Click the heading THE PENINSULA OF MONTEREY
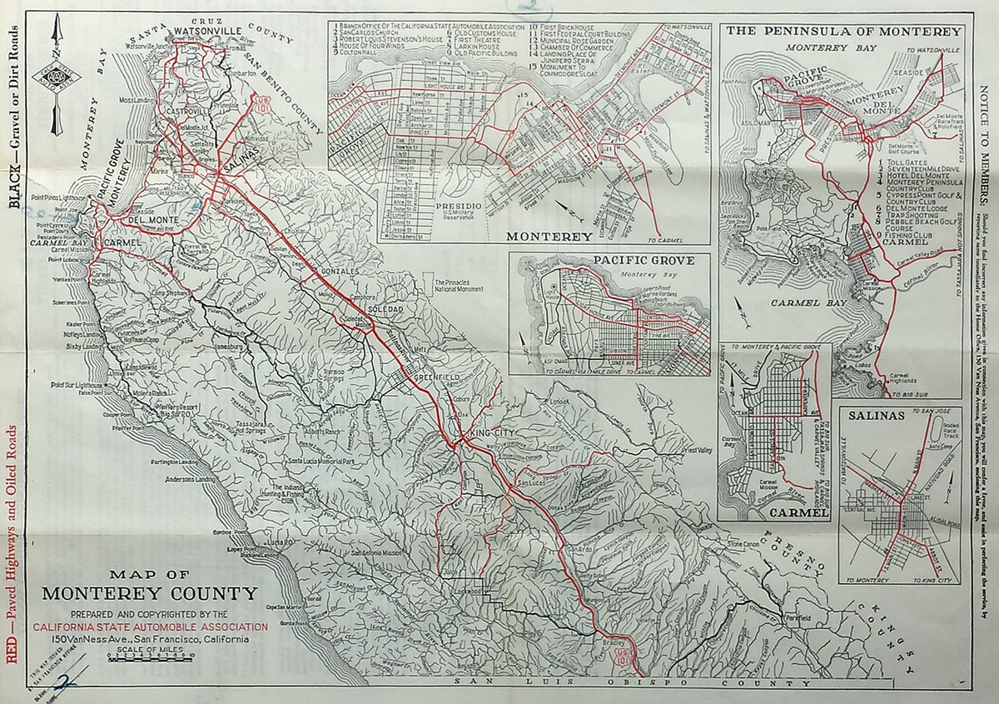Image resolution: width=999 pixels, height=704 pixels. [844, 32]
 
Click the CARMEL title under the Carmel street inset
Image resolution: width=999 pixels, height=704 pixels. [800, 513]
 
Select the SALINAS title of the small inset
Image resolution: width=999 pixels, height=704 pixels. [870, 414]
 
